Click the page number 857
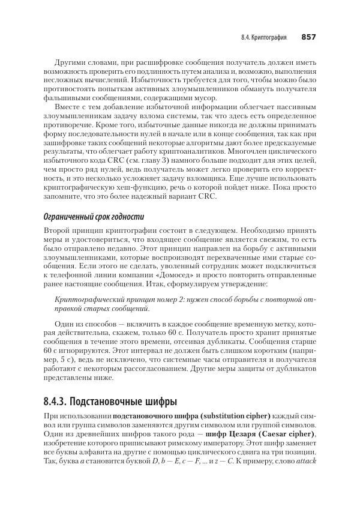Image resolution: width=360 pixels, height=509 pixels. pos(308,37)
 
